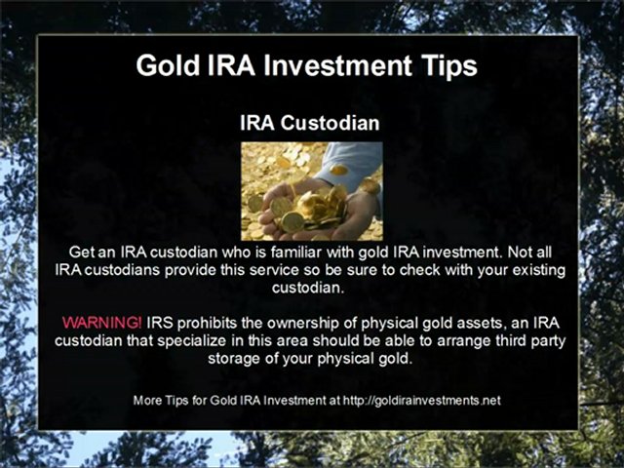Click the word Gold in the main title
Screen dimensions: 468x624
(167, 65)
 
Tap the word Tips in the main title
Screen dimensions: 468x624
(446, 65)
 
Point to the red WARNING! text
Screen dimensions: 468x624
(101, 322)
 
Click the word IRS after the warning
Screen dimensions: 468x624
(161, 322)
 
